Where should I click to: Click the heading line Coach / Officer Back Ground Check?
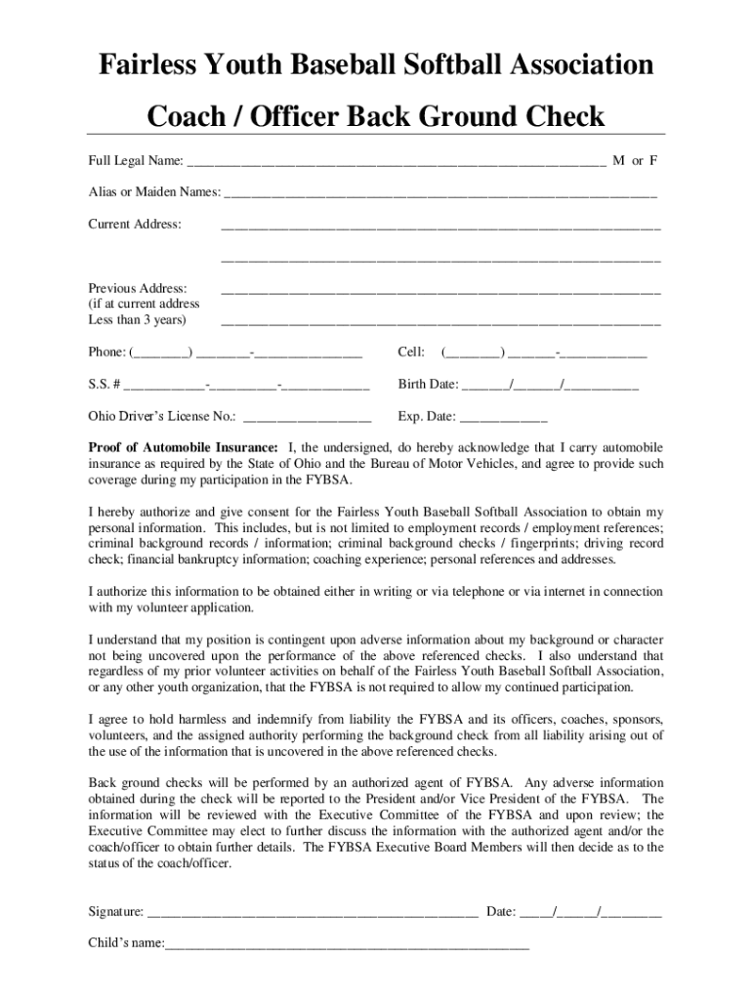pos(376,117)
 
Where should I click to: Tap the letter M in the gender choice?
pos(619,160)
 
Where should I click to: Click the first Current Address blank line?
pos(440,229)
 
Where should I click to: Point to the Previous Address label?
pos(138,288)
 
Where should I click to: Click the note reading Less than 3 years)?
pos(137,319)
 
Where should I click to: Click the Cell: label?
pos(411,352)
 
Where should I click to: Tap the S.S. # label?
pos(104,384)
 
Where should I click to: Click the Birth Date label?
pos(428,384)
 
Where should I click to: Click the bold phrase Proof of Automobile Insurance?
pos(184,447)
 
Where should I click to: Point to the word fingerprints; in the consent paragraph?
pos(541,543)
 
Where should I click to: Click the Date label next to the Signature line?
pos(500,912)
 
